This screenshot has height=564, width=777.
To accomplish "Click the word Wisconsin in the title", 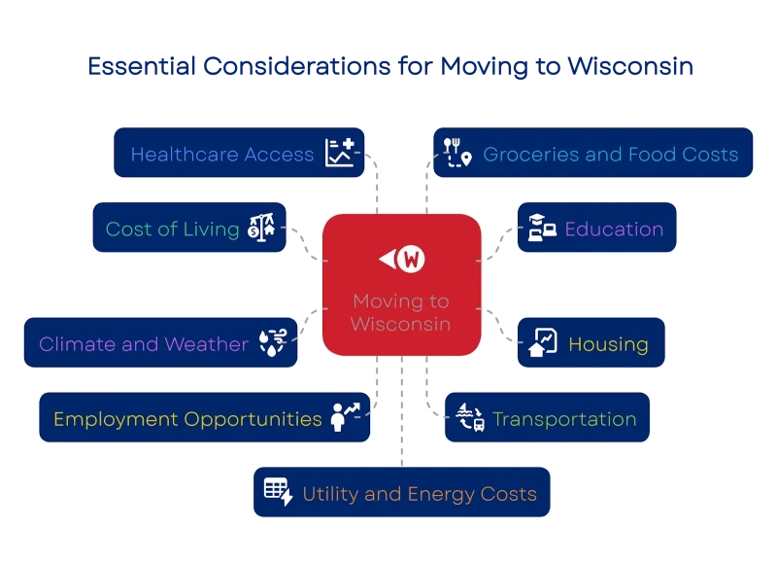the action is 629,66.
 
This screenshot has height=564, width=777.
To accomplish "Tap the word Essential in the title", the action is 142,66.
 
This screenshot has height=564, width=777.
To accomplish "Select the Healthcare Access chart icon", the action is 340,153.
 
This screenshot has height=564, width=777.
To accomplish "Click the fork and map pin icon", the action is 456,153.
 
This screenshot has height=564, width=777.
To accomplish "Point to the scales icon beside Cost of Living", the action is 261,228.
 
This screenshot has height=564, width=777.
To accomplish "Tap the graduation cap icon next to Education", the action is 542,228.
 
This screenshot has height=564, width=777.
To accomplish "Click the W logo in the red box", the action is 402,259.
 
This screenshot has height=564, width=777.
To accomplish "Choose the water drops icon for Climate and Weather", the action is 273,342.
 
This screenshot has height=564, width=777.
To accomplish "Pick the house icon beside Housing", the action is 543,342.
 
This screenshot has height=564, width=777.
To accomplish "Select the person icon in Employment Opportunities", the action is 345,417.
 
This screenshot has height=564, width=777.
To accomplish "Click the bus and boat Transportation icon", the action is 470,417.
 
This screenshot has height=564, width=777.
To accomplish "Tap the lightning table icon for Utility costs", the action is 279,492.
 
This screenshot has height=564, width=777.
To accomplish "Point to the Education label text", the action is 614,229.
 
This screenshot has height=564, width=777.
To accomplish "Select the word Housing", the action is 608,344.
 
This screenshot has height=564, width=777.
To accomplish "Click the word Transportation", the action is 564,419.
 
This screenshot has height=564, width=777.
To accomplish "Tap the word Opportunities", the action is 253,420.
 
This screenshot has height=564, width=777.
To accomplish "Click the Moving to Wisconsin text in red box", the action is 401,312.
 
